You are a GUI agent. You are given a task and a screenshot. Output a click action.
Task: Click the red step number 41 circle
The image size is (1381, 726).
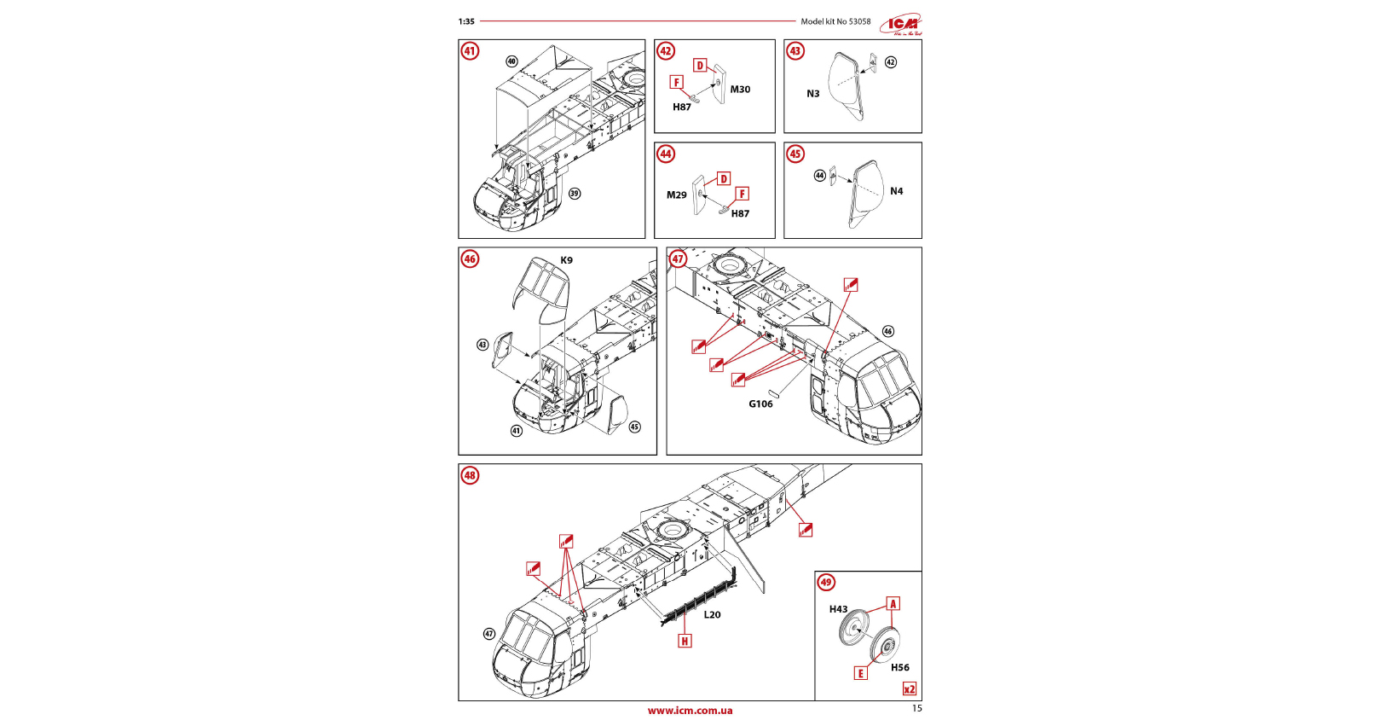[x=470, y=51]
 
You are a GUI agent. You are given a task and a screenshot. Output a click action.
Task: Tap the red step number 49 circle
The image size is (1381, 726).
[x=826, y=583]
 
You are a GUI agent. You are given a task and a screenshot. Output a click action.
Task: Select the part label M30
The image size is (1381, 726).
[x=740, y=90]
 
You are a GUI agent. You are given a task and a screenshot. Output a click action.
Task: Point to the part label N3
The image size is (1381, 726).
[x=813, y=94]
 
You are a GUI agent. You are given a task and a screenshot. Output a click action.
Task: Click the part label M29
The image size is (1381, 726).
[x=676, y=195]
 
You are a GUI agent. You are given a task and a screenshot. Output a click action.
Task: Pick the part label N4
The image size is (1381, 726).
[x=896, y=191]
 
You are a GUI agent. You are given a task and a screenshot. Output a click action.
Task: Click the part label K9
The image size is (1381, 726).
[x=567, y=260]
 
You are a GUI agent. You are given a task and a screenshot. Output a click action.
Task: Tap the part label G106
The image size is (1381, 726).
[x=760, y=404]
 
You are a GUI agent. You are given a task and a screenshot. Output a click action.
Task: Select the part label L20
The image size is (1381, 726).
[x=712, y=614]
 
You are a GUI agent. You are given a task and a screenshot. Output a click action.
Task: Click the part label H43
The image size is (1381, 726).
[x=839, y=609]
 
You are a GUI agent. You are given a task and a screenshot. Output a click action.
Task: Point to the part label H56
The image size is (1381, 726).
[x=900, y=668]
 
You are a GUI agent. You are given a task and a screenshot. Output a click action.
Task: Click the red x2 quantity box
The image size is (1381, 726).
[x=910, y=689]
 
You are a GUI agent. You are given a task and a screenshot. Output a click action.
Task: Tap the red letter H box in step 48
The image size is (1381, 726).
[x=685, y=641]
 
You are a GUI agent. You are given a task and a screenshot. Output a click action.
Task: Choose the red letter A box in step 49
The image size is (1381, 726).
[x=893, y=604]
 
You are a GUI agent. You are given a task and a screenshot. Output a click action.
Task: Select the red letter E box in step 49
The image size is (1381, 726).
[x=861, y=673]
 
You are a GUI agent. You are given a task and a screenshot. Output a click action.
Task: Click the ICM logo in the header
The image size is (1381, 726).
[x=904, y=24]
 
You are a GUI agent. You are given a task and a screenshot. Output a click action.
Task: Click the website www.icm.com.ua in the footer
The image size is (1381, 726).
[x=690, y=711]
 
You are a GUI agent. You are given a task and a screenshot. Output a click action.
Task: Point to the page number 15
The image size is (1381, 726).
[x=916, y=708]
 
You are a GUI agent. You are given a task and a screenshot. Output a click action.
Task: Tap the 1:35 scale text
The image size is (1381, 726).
[x=466, y=22]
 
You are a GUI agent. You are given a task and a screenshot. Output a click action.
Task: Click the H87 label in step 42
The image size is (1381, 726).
[x=682, y=107]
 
